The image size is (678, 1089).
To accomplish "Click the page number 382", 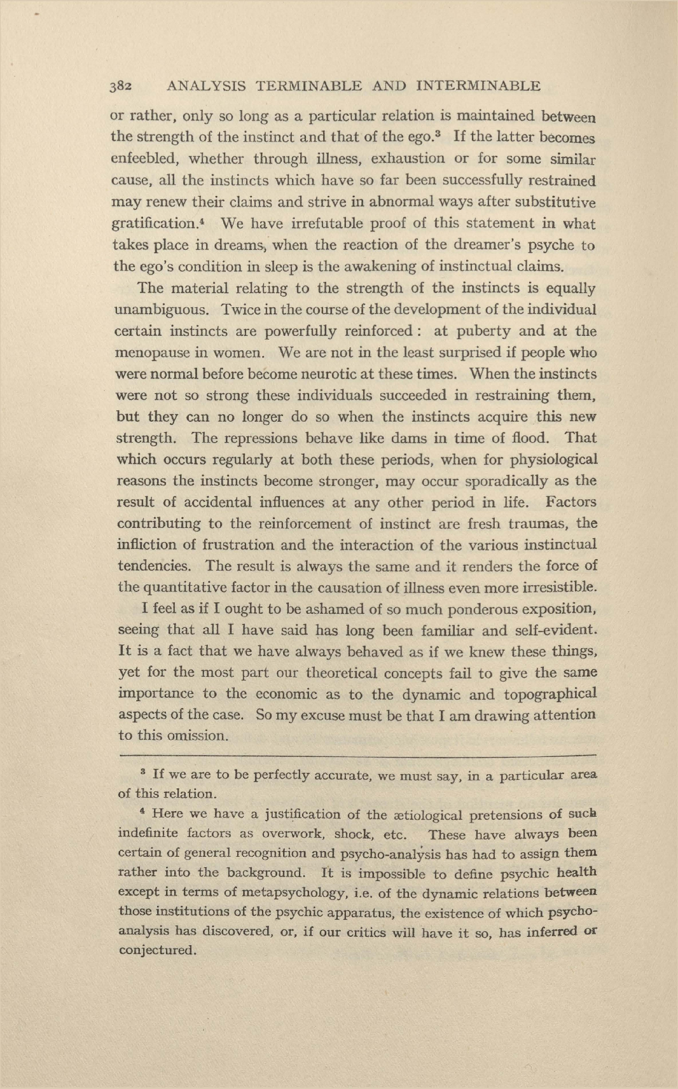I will coord(121,86).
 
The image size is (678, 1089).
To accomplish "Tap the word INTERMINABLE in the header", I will coord(478,86).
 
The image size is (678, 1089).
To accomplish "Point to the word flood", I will coord(532,438).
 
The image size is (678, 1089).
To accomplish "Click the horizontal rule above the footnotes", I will coord(356,755).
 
